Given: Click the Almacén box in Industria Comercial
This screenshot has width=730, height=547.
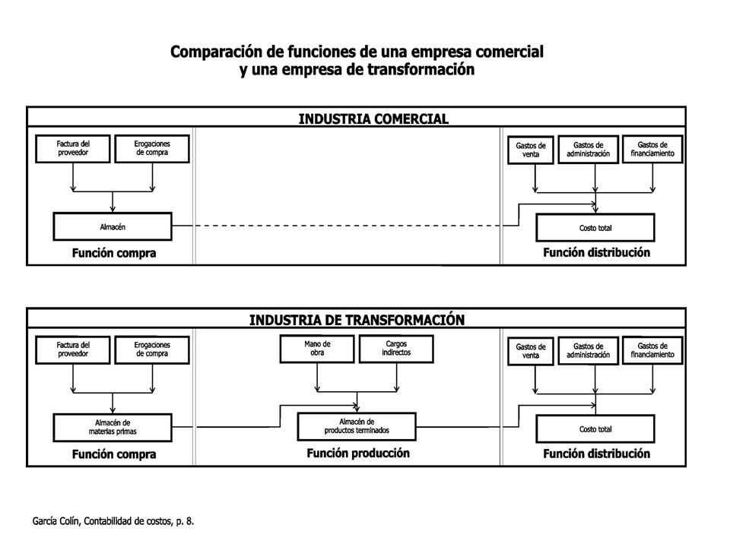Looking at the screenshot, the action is tap(113, 226).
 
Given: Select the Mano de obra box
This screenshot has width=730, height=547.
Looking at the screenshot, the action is tap(317, 349).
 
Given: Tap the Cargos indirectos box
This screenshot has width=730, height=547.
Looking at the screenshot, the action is tap(396, 349).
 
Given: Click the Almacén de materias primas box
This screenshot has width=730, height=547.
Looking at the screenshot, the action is tap(113, 428).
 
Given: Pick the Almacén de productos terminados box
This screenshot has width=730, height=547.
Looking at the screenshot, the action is tap(357, 426).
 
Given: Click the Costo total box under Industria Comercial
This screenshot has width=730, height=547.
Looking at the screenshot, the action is tap(595, 227).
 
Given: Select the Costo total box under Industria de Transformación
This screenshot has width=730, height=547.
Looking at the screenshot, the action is tap(595, 428).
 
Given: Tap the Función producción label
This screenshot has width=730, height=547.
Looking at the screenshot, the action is tap(358, 453).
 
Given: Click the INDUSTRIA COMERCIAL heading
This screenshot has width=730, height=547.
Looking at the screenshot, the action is tap(373, 119).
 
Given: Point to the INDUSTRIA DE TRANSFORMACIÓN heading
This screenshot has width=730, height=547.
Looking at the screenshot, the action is tap(357, 320).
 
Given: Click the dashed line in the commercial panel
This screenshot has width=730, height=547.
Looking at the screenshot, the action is tap(348, 226).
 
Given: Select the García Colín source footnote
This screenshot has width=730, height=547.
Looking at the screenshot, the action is tap(113, 521).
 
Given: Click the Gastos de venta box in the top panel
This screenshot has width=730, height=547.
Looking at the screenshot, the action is tap(531, 150).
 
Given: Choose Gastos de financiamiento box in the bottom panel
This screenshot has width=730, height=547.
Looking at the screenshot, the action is tap(652, 350).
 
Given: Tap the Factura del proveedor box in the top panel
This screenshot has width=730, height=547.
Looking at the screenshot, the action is tap(73, 149).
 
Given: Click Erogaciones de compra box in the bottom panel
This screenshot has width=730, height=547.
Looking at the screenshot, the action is tap(152, 349).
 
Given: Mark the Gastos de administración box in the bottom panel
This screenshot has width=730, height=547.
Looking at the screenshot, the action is tap(589, 350).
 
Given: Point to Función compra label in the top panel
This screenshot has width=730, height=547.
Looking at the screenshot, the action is tap(114, 253).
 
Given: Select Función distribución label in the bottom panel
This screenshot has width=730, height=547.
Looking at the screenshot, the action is tap(596, 454).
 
